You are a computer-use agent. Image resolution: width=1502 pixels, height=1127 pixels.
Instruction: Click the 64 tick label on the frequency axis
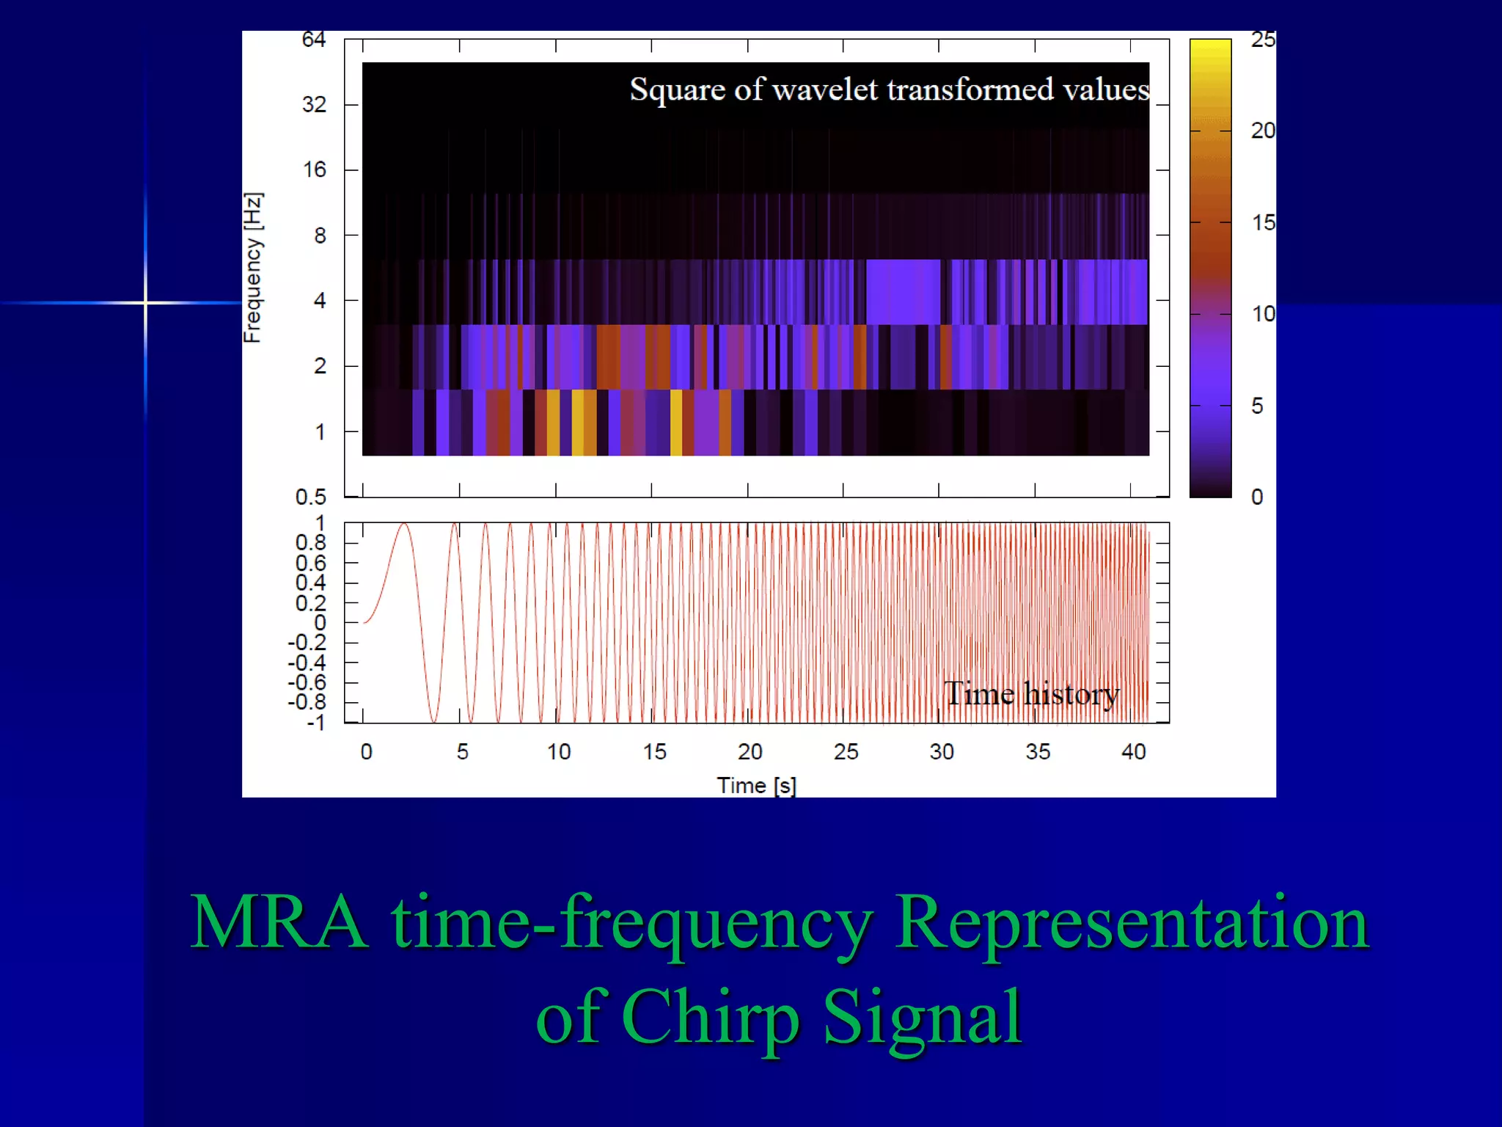point(313,40)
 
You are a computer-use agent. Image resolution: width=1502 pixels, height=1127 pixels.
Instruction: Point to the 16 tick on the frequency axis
point(314,170)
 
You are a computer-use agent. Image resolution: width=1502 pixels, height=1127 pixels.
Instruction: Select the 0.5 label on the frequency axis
point(310,497)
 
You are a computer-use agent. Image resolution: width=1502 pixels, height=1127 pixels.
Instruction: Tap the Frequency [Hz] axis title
point(252,268)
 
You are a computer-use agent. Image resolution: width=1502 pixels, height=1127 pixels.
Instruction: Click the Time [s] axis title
point(756,786)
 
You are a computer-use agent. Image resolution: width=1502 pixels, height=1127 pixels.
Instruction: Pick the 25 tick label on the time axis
point(846,752)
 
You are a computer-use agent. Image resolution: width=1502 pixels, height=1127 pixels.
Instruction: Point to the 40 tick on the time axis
point(1133,752)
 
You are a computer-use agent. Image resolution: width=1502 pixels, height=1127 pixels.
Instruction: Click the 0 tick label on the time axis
point(366,752)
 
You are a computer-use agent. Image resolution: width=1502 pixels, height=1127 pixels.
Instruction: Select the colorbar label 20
point(1262,131)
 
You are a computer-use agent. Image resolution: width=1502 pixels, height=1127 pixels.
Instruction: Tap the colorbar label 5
point(1257,406)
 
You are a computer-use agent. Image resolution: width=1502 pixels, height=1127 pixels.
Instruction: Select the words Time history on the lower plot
point(1031,694)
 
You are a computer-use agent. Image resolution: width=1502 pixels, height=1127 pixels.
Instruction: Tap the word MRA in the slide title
point(279,922)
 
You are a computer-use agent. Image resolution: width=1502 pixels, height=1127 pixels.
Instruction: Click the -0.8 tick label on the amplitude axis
point(307,702)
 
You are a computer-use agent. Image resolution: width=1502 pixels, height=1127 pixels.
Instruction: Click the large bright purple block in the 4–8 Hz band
point(903,292)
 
